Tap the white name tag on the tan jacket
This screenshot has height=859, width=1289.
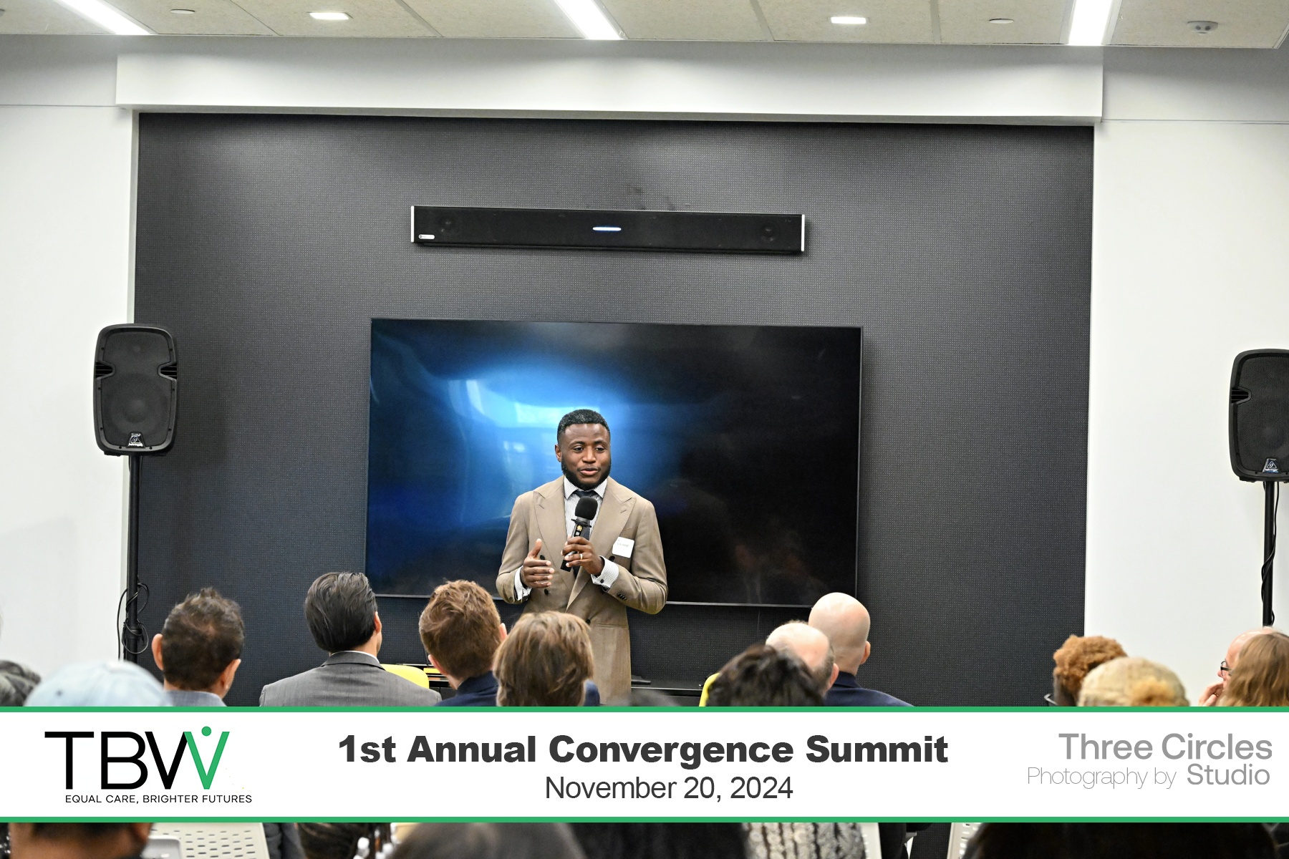[x=624, y=546]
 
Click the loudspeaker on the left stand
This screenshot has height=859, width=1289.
[x=135, y=389]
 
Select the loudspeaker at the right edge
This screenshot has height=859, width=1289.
[x=1260, y=415]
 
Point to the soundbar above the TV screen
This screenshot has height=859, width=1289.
[x=608, y=229]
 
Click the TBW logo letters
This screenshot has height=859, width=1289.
[x=137, y=759]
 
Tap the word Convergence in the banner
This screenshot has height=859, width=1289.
[x=671, y=749]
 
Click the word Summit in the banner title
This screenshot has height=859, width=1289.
[x=877, y=749]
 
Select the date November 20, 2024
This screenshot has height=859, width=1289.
[x=669, y=788]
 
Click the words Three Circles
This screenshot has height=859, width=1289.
[x=1165, y=747]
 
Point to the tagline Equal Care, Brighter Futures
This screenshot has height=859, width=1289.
[x=158, y=799]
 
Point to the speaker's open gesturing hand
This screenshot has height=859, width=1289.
[x=536, y=564]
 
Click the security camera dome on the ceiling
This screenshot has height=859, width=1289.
[x=1202, y=27]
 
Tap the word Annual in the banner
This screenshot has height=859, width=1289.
[x=472, y=749]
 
